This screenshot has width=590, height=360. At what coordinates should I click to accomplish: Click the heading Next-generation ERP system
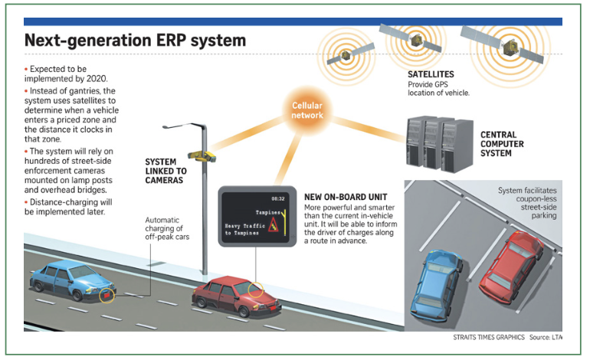[136, 40]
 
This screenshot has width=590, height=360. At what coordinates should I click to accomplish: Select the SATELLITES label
[431, 74]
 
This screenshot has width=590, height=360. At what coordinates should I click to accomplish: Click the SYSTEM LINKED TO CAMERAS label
[165, 170]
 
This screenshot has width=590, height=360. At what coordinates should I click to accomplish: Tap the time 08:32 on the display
[278, 198]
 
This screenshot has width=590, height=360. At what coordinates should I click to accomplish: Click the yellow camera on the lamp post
[204, 154]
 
